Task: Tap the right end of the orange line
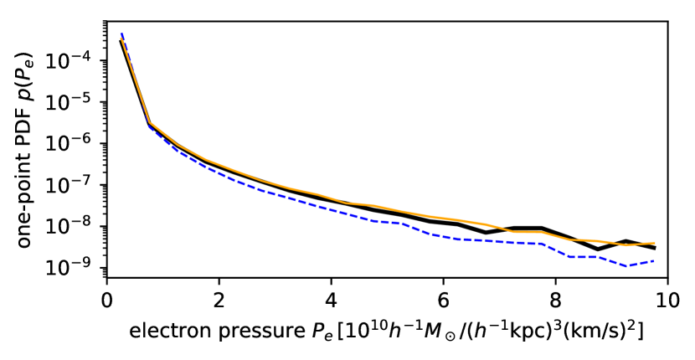tap(655, 243)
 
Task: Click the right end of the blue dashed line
tap(655, 260)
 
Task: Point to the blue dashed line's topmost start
tap(121, 34)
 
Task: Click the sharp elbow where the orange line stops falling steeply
tap(150, 122)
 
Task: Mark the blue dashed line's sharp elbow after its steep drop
tap(150, 126)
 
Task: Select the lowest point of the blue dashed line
tap(626, 265)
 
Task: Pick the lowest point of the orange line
tap(626, 245)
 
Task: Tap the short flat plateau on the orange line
tap(528, 232)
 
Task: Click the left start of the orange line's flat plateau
tap(513, 232)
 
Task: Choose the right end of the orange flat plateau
tap(542, 232)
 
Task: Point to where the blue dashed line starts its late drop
tap(543, 244)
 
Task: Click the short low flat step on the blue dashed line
tap(584, 257)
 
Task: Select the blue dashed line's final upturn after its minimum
tap(641, 263)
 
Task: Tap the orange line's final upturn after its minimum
tap(641, 244)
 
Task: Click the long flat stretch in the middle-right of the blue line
tap(486, 240)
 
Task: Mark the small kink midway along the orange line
tap(347, 203)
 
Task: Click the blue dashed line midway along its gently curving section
tap(276, 194)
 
